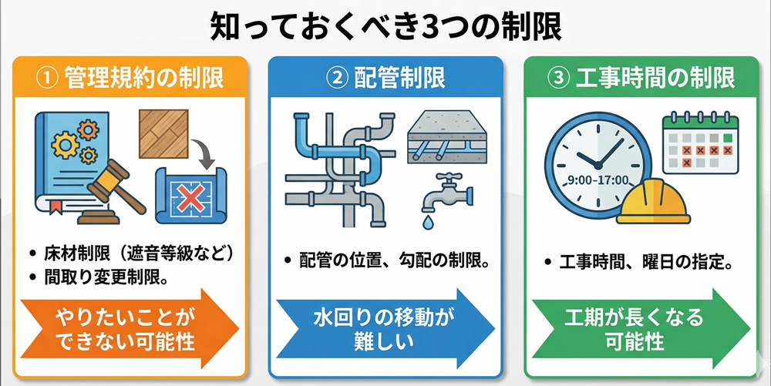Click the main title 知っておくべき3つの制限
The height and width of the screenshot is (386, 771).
coord(385,26)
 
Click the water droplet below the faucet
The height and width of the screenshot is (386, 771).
coord(426,223)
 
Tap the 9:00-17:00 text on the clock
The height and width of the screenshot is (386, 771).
coord(598,182)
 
